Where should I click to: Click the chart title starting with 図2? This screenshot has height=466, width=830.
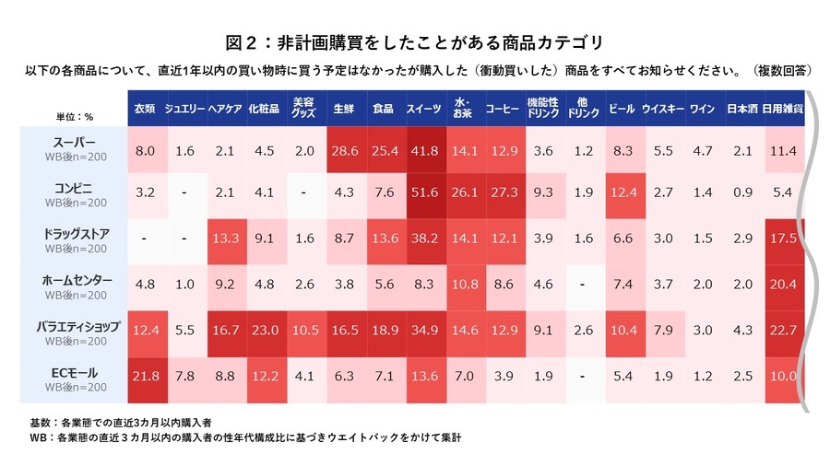[415, 41]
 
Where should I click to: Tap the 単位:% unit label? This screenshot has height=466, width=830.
[75, 117]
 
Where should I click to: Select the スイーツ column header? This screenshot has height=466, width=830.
[423, 109]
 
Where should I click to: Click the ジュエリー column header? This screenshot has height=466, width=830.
[184, 109]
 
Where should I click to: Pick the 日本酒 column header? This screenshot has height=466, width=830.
[741, 109]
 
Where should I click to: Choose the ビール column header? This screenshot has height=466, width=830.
[622, 109]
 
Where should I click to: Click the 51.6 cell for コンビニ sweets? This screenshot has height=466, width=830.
[423, 194]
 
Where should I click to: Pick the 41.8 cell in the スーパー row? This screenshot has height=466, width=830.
[423, 150]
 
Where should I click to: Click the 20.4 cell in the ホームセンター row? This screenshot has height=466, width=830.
[784, 285]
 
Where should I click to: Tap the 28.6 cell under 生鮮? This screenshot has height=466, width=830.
[344, 150]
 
